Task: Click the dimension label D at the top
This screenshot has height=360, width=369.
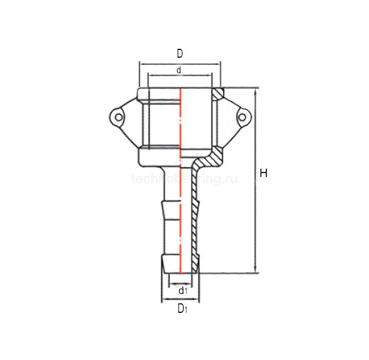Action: [180, 53]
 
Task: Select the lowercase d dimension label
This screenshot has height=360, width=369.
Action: [179, 70]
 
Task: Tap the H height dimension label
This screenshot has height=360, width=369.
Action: [264, 174]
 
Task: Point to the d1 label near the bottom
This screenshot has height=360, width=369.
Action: [182, 290]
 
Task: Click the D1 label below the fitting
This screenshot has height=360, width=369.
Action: [182, 309]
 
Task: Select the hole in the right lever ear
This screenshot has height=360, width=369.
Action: [243, 117]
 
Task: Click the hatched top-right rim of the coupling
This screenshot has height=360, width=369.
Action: [218, 92]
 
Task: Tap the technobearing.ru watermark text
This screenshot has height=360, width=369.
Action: [180, 179]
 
